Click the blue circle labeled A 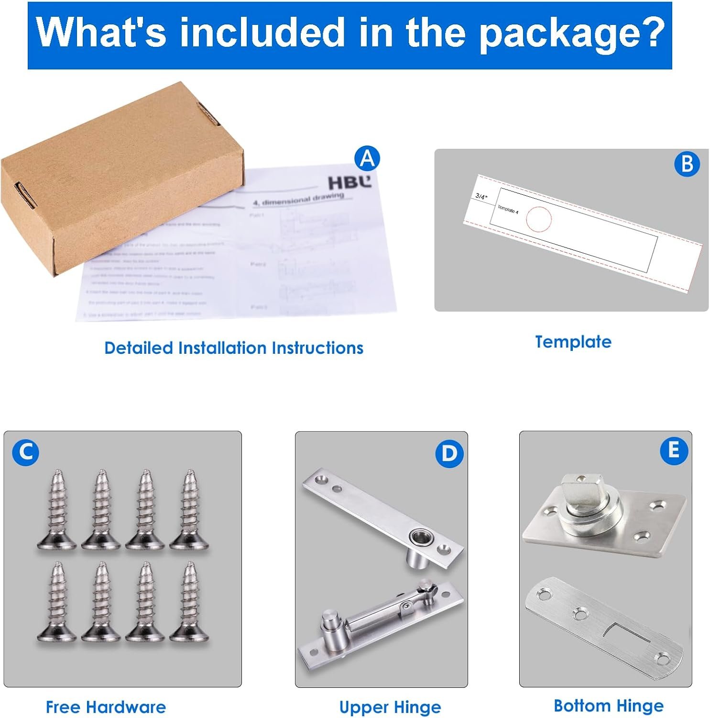tap(367, 158)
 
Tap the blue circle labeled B tap(687, 164)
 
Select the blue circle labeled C tap(26, 452)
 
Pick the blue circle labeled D tap(449, 453)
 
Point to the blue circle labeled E tap(674, 450)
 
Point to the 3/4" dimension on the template tap(481, 196)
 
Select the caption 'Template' tap(573, 342)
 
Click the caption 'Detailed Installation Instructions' tap(234, 348)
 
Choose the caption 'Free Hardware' tap(106, 707)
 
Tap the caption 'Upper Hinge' tap(390, 707)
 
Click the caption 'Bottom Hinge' tap(608, 706)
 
